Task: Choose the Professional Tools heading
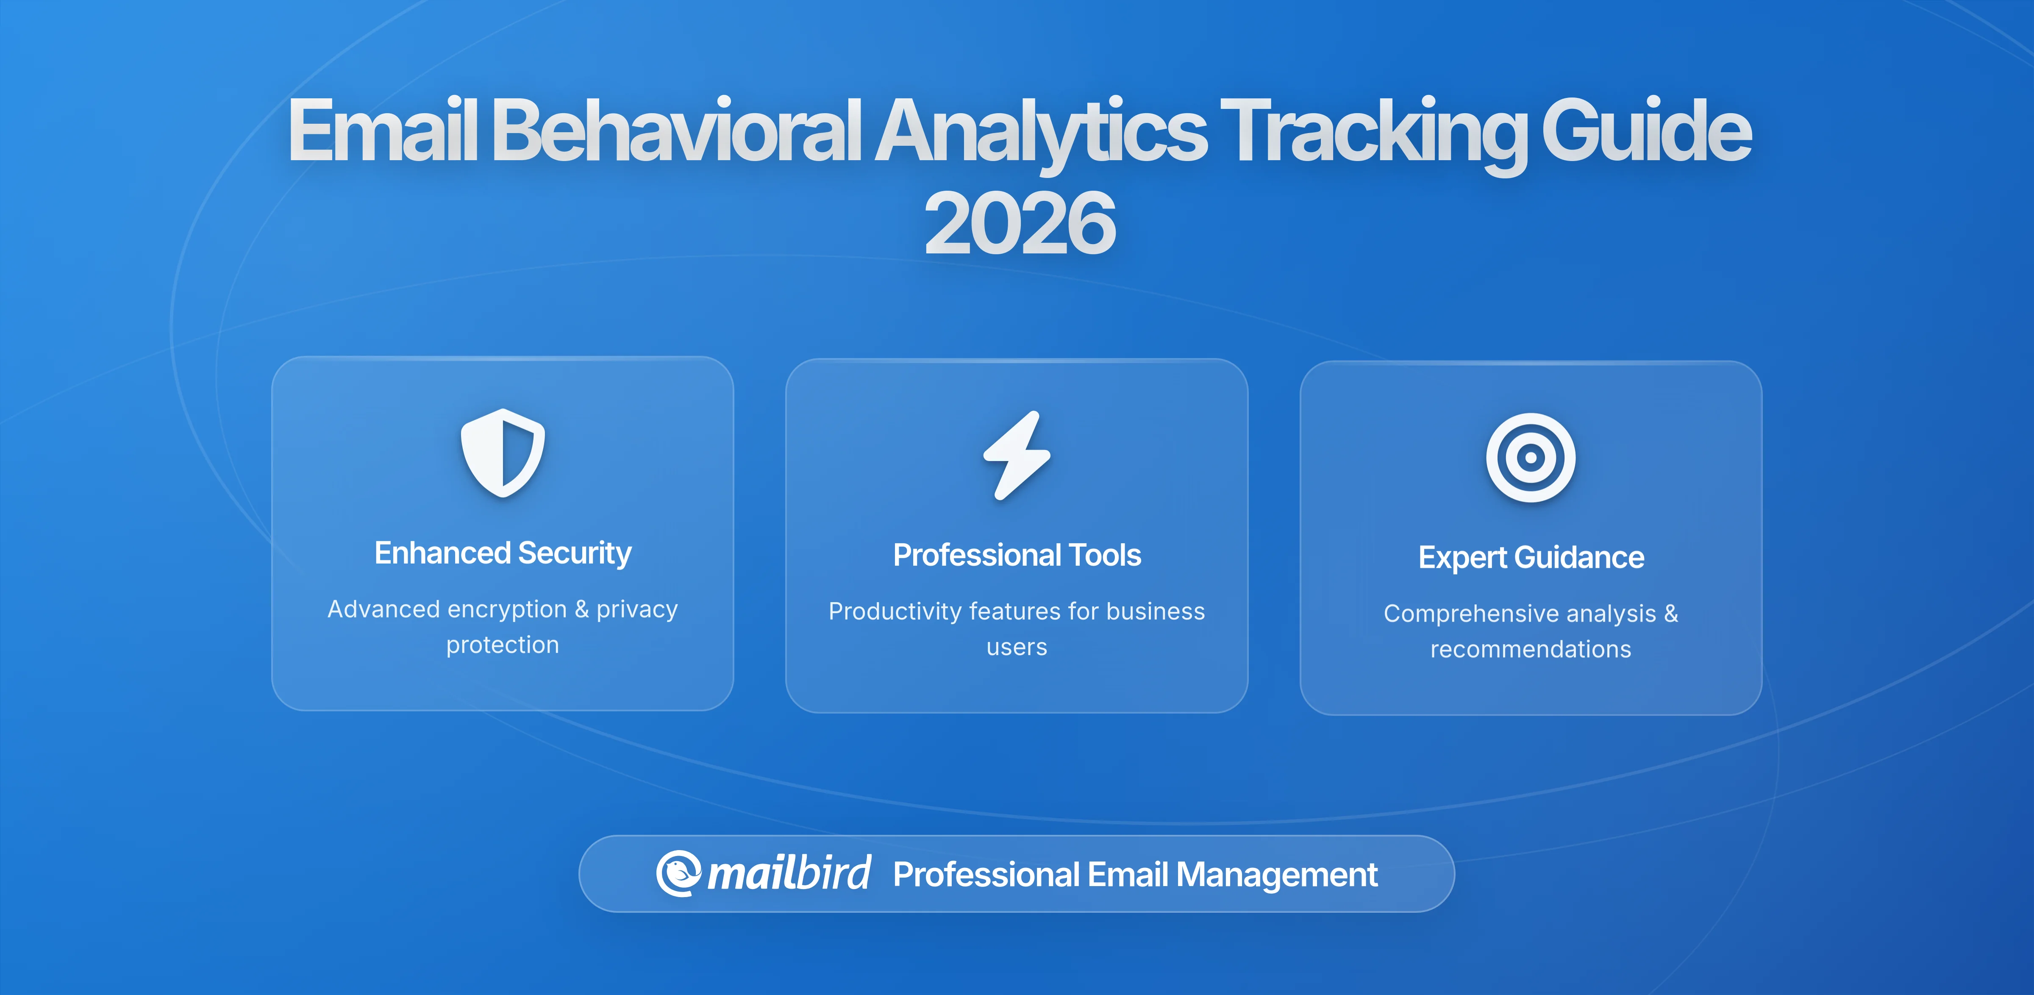point(1017,555)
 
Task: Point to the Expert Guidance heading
point(1530,558)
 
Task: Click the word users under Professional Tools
point(1017,648)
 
